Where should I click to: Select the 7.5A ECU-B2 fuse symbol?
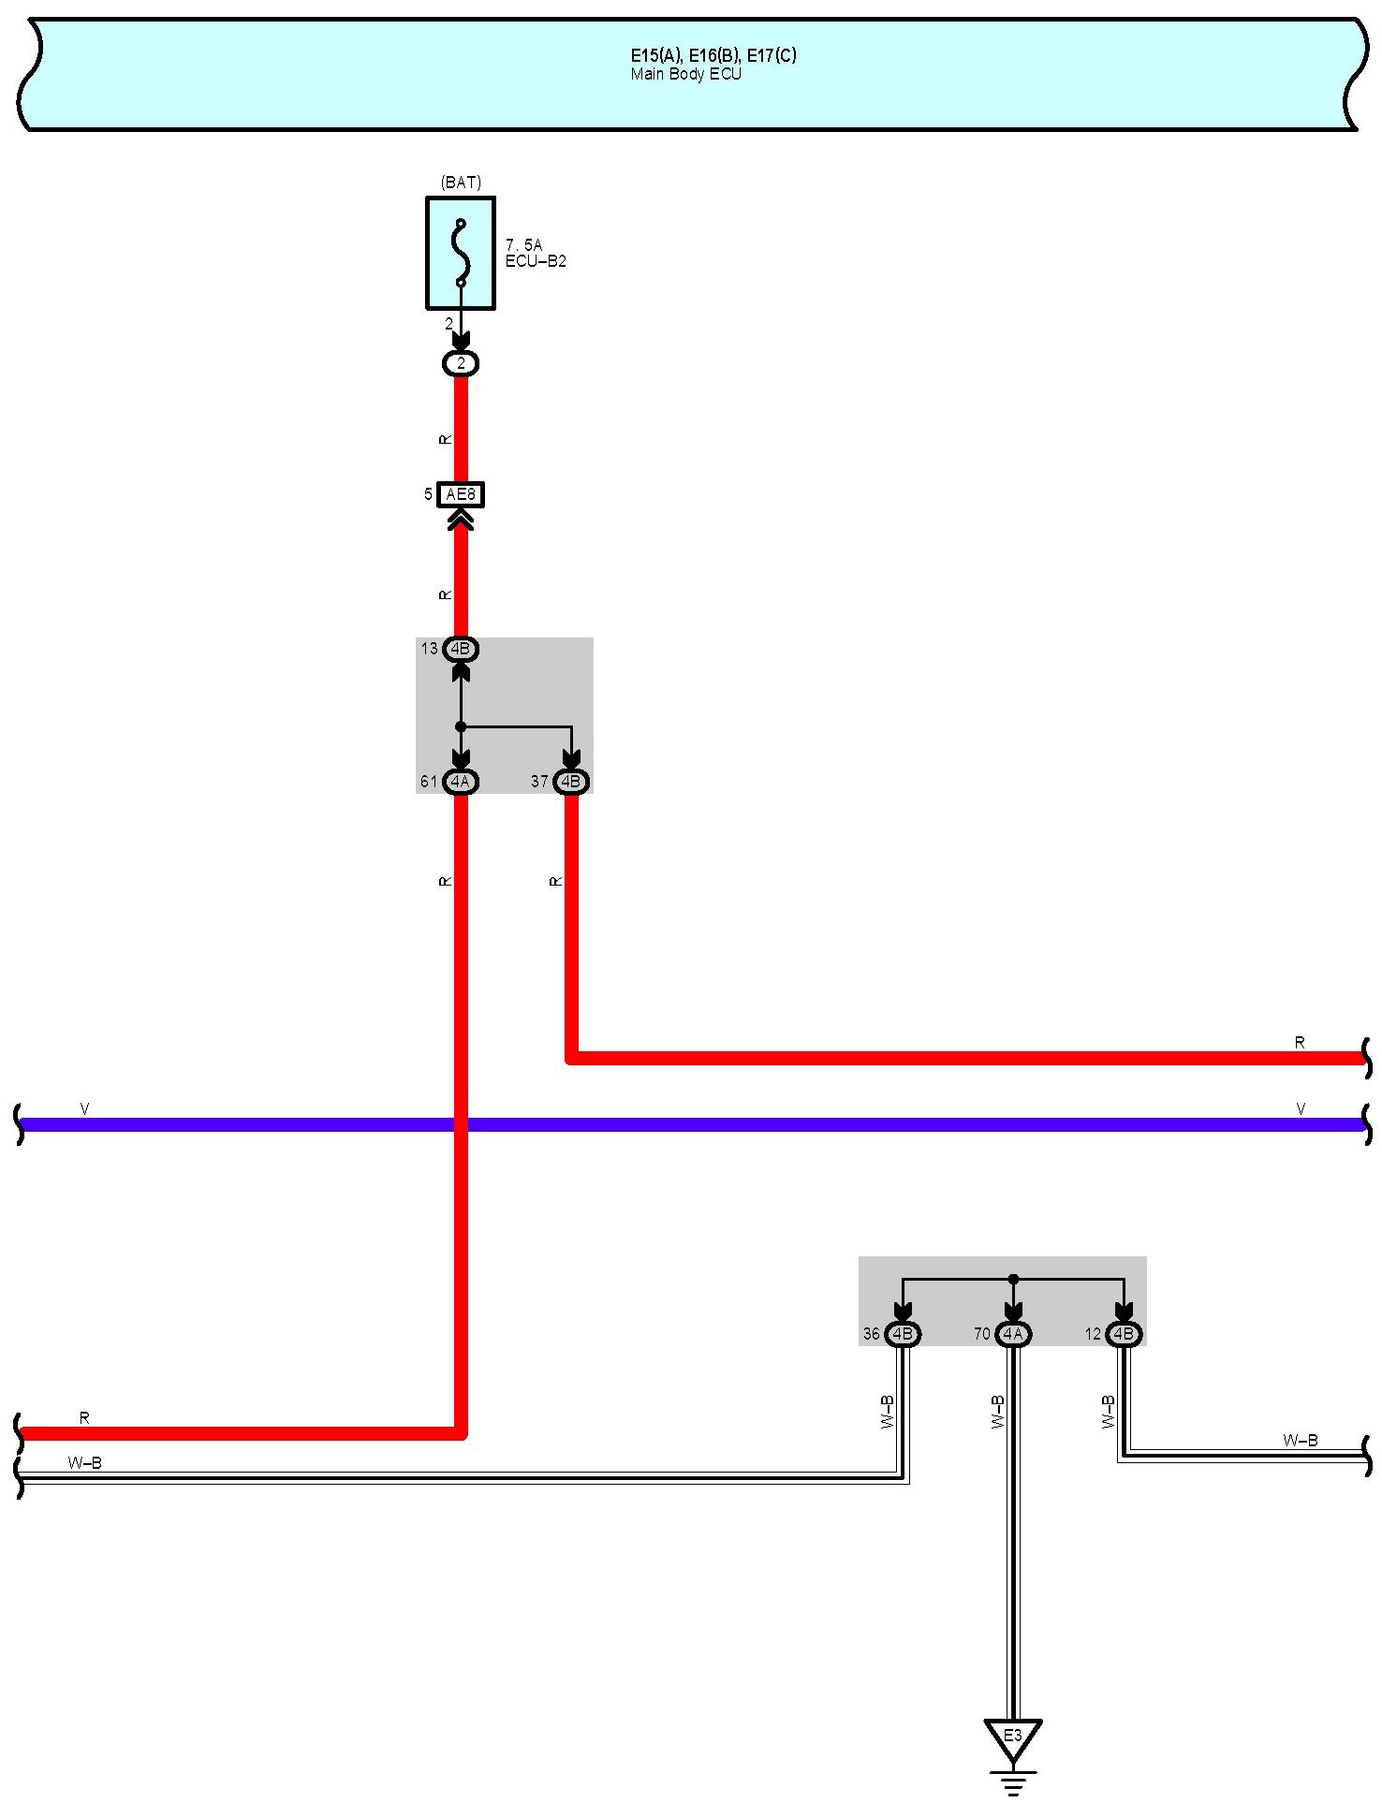[461, 253]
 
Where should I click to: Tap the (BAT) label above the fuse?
[461, 183]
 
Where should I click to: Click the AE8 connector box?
[461, 494]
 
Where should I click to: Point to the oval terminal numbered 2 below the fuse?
[461, 363]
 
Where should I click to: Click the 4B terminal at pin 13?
[461, 649]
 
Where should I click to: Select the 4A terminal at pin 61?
[461, 781]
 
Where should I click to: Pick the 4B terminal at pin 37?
[571, 781]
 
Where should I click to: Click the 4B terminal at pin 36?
[903, 1334]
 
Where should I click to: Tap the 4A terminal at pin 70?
[1013, 1334]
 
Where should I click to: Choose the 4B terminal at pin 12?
[1124, 1334]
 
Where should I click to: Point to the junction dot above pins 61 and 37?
[461, 726]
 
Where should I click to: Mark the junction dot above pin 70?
[1013, 1279]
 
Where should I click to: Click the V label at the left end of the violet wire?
[84, 1109]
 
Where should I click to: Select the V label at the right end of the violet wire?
[1301, 1109]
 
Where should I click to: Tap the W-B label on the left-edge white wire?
[84, 1462]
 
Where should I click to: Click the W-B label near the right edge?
[1301, 1441]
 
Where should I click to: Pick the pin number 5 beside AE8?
[429, 494]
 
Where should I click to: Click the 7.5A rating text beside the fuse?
[523, 245]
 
